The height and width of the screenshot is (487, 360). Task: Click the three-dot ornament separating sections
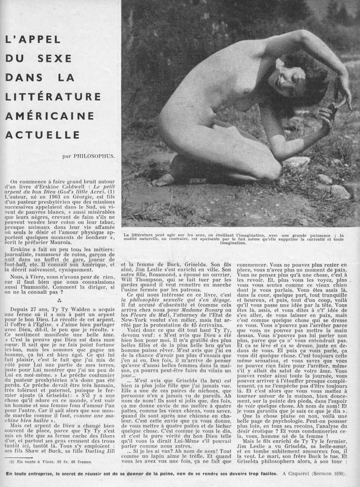pos(59,300)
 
